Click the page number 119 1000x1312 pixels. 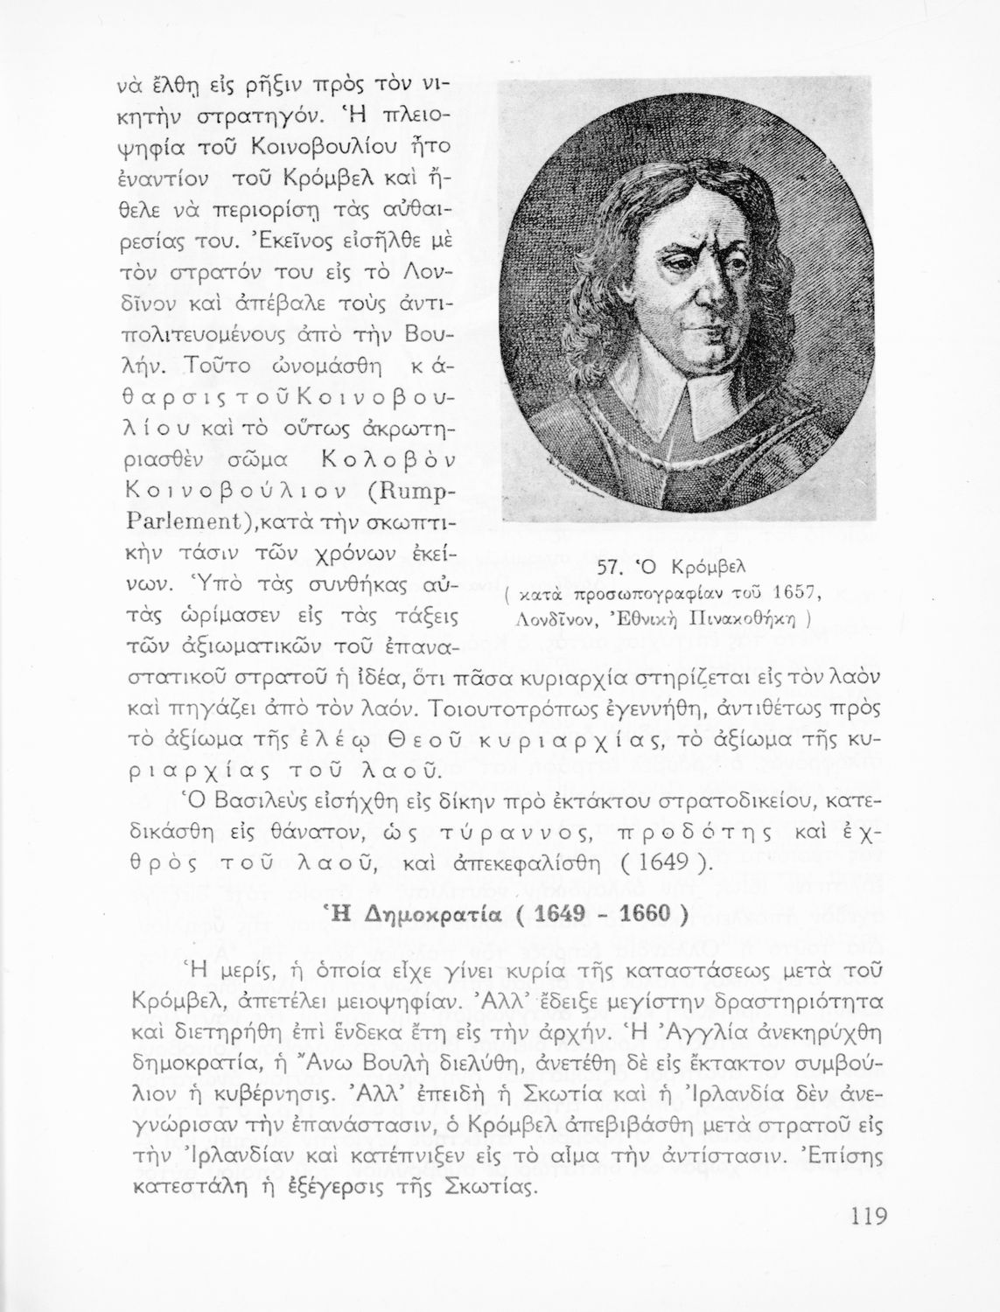pyautogui.click(x=867, y=1217)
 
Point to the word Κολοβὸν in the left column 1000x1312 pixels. pyautogui.click(x=385, y=460)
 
